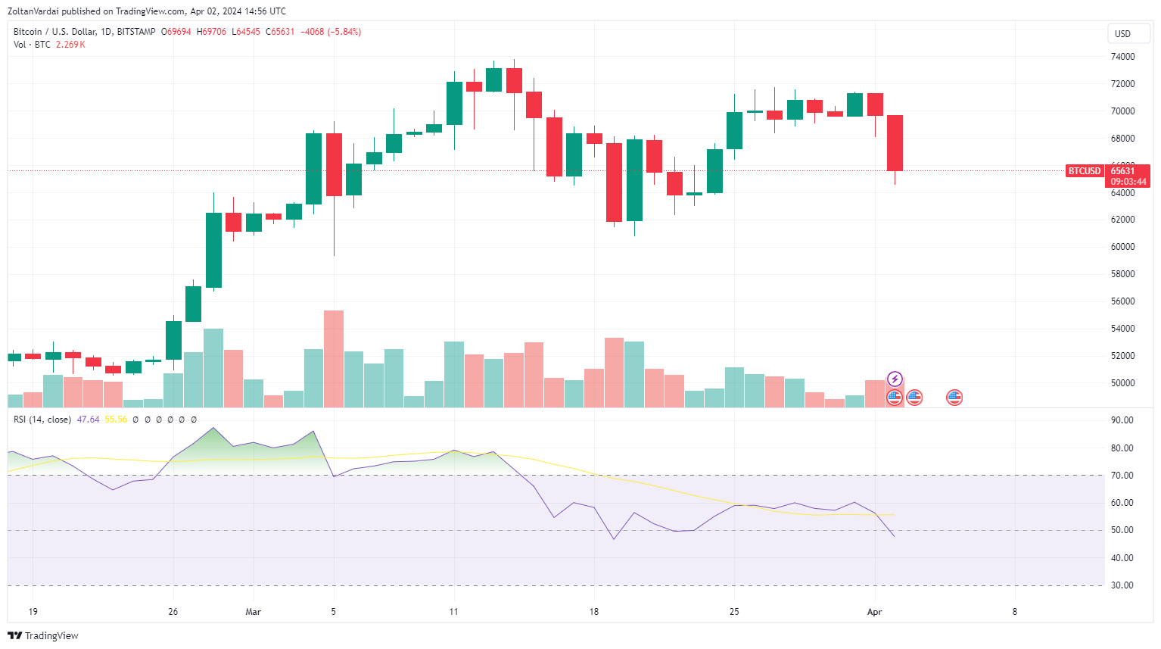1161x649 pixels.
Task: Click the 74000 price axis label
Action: click(x=1122, y=57)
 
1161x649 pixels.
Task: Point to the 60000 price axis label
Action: click(x=1122, y=247)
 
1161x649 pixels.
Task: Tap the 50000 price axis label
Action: click(x=1122, y=383)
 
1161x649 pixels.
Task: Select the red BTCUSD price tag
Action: click(x=1084, y=171)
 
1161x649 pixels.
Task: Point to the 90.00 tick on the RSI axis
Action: click(x=1122, y=420)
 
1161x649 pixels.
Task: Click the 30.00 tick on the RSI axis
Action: click(x=1122, y=585)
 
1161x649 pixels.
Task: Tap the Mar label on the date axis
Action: click(x=254, y=612)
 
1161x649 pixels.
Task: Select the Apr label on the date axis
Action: click(x=874, y=612)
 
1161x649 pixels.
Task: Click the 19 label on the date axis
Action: click(x=33, y=612)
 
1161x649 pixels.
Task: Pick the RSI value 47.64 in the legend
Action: click(x=88, y=420)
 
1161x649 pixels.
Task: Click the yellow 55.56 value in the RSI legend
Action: click(x=116, y=420)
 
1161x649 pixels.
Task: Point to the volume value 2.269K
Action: click(x=70, y=45)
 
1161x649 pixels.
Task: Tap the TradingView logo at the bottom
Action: click(x=43, y=635)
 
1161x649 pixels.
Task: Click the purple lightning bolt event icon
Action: click(x=895, y=379)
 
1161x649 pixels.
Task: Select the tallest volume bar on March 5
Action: click(x=334, y=359)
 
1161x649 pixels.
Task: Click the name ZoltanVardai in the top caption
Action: click(x=33, y=11)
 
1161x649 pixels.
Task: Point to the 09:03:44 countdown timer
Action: click(x=1128, y=182)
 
